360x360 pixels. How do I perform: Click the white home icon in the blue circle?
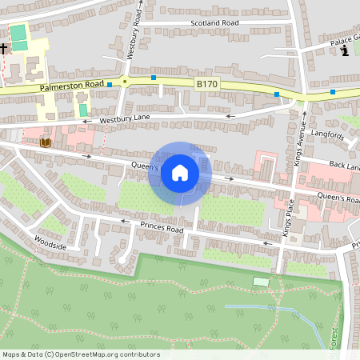180,173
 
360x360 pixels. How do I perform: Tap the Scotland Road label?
214,24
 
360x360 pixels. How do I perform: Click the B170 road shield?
206,83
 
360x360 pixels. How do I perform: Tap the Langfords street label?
328,136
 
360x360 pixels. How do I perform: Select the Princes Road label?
162,230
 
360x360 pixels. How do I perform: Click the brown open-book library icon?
45,142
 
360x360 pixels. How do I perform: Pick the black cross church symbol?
3,49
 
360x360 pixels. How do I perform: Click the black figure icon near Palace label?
345,51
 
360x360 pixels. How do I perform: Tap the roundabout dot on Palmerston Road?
126,81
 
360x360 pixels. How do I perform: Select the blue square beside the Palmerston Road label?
110,83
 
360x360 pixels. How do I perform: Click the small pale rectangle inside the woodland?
261,282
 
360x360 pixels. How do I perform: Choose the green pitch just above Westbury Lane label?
82,108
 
